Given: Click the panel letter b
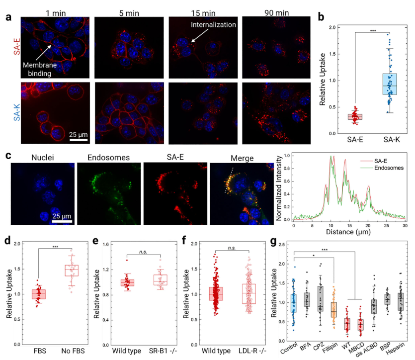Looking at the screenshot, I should click(322, 16).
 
